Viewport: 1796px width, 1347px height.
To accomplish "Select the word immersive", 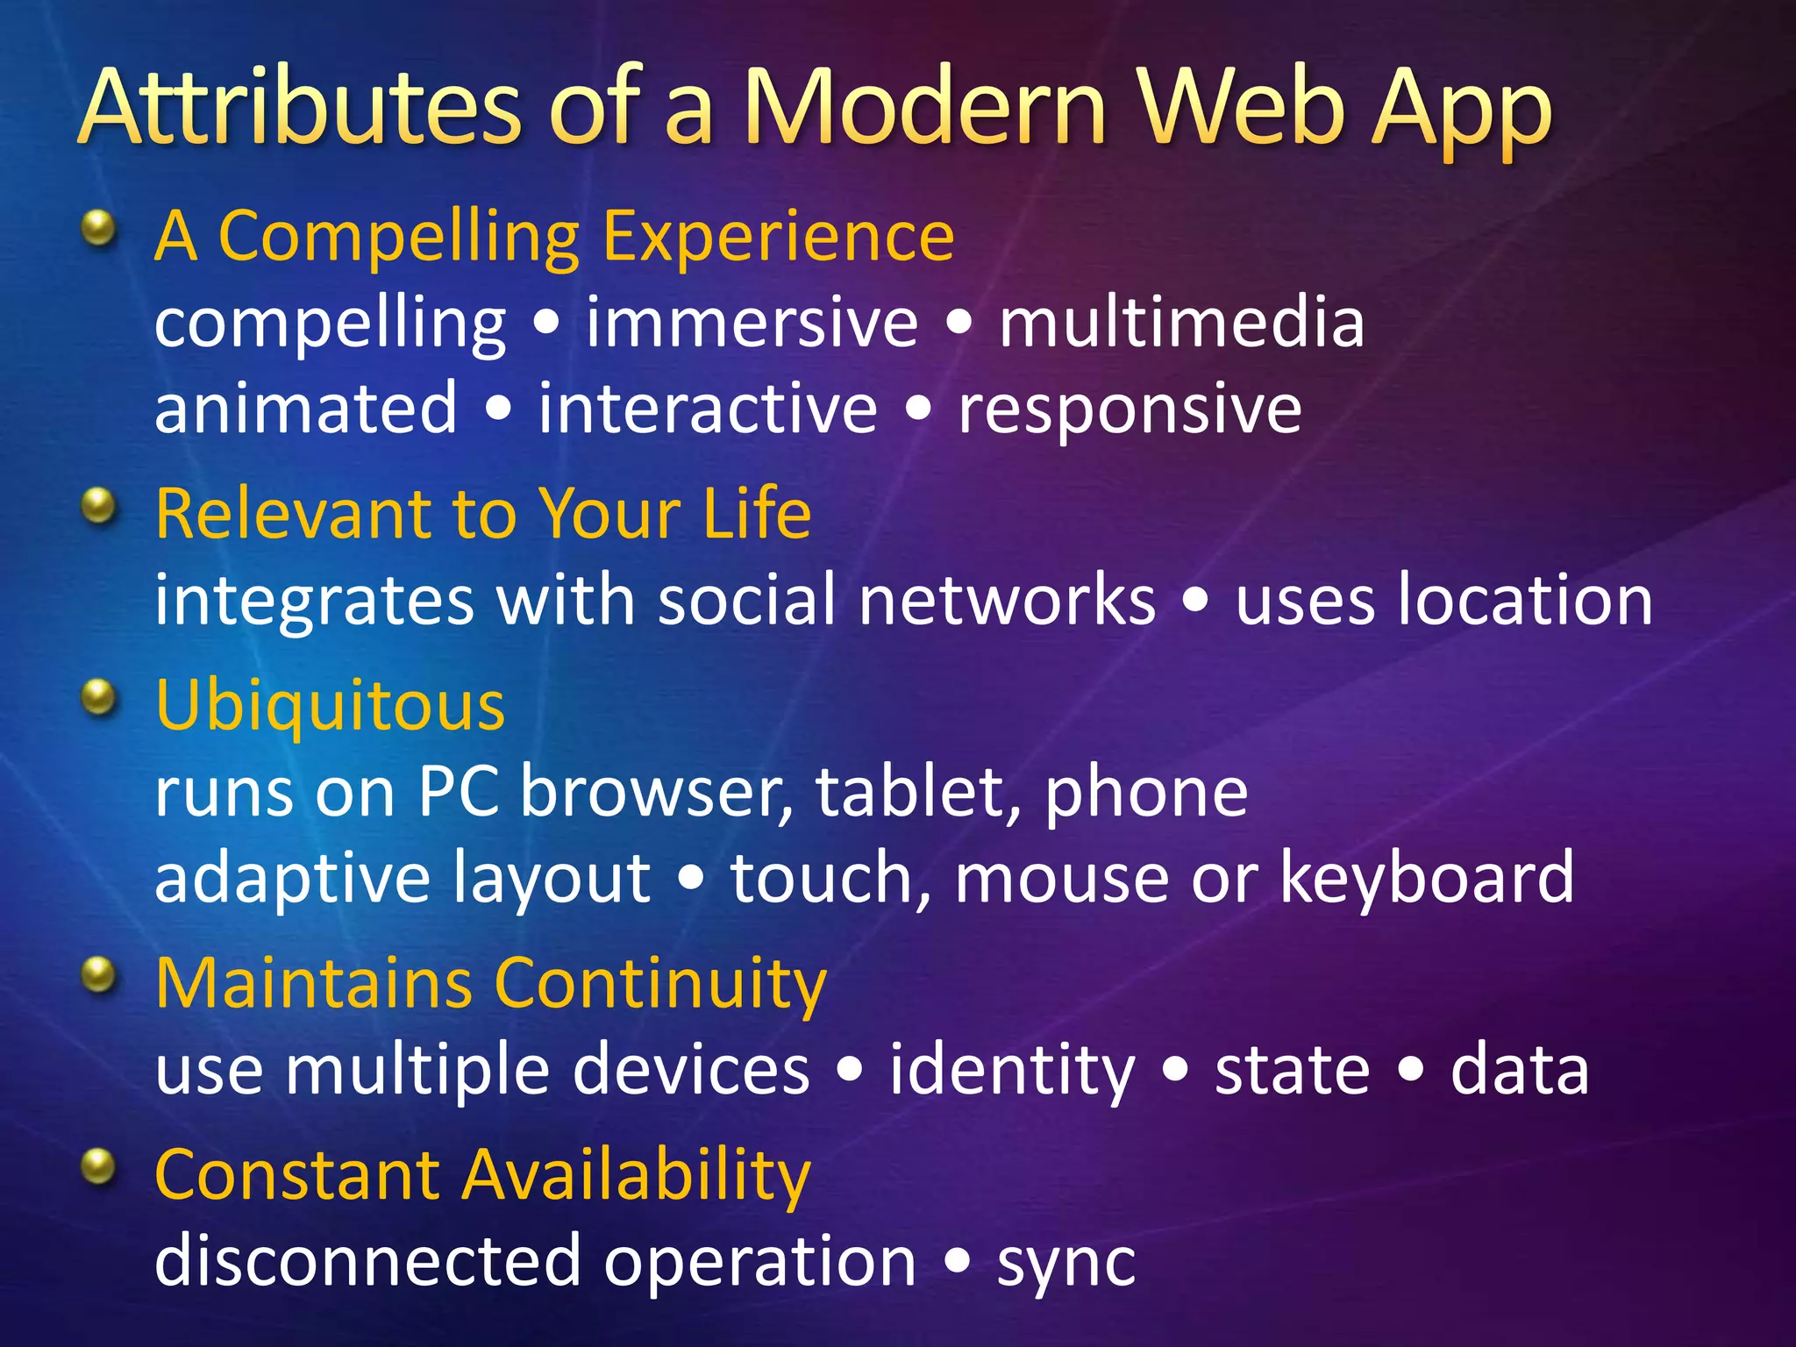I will click(752, 323).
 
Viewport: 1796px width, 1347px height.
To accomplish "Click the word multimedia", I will click(1181, 323).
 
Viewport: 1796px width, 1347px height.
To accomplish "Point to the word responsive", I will click(1130, 410).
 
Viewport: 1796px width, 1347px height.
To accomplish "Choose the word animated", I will click(306, 410).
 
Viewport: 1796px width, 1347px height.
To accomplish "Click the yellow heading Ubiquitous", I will click(330, 706).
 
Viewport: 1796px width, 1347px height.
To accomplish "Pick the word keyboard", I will click(1427, 878).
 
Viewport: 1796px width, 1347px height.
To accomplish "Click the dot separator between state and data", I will click(1410, 1071).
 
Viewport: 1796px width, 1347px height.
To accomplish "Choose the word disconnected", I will click(367, 1261).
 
